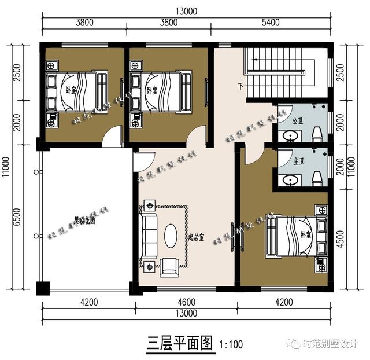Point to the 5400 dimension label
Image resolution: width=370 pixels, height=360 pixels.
click(271, 23)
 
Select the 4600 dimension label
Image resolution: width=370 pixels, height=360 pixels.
click(186, 302)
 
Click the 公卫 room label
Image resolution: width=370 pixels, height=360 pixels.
click(298, 122)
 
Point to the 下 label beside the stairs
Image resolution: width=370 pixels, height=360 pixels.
click(240, 87)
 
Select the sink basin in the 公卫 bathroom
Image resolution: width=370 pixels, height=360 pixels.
click(290, 135)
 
